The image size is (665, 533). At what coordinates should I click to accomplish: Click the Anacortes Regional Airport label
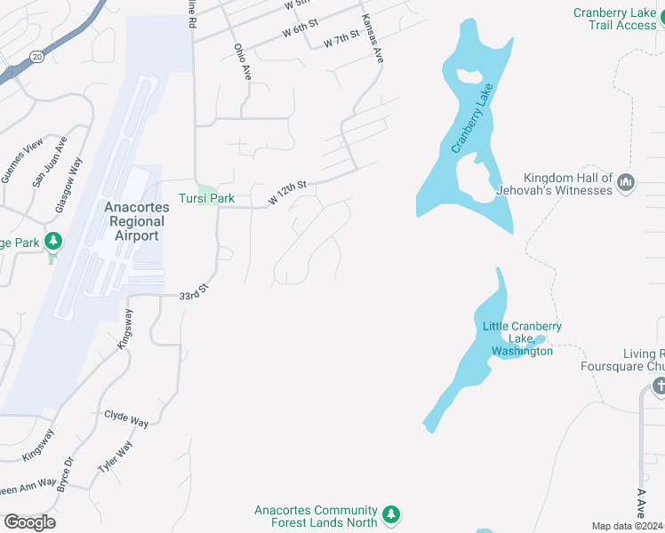(x=135, y=221)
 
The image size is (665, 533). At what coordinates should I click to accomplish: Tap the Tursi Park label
(x=206, y=198)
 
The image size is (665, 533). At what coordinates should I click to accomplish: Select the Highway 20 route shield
(x=36, y=56)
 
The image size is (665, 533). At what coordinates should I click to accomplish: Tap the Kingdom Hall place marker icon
(x=626, y=183)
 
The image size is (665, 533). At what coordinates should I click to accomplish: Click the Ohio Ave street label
(x=242, y=62)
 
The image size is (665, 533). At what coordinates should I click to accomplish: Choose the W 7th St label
(x=341, y=40)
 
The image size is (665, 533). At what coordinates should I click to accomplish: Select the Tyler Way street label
(x=116, y=457)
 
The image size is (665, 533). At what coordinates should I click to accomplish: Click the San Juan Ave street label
(x=50, y=162)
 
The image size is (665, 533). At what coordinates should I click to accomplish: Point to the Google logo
(x=29, y=521)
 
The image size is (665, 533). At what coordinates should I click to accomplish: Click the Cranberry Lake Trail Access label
(x=614, y=19)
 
